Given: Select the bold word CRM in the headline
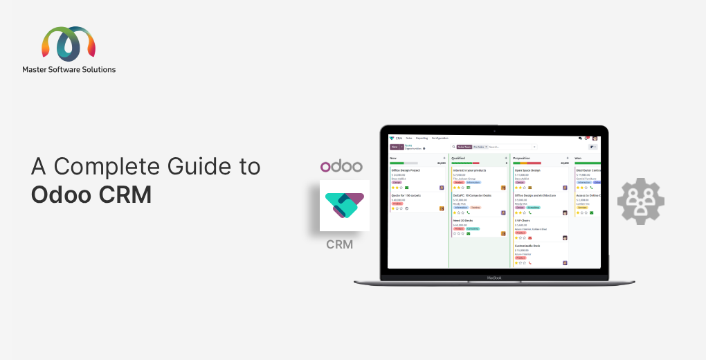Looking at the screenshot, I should coord(124,195).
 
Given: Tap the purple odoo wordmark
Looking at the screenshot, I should coord(341,166).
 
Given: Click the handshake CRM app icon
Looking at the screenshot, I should coord(345,206).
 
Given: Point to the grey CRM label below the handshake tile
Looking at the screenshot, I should coord(340,244).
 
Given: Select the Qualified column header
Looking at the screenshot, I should coord(458,158).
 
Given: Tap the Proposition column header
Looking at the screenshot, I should coord(522,158).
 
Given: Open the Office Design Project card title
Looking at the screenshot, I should coord(406,170).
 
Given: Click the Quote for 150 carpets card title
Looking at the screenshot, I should coord(406,195).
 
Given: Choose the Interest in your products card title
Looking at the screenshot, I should coord(469,170).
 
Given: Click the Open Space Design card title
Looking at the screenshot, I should coord(527,170).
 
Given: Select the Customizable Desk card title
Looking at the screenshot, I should coord(527,246).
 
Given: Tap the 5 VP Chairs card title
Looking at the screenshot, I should coord(523,220).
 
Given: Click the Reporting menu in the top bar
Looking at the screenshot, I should coord(422,138).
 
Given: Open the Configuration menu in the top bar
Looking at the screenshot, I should coord(440,138).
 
